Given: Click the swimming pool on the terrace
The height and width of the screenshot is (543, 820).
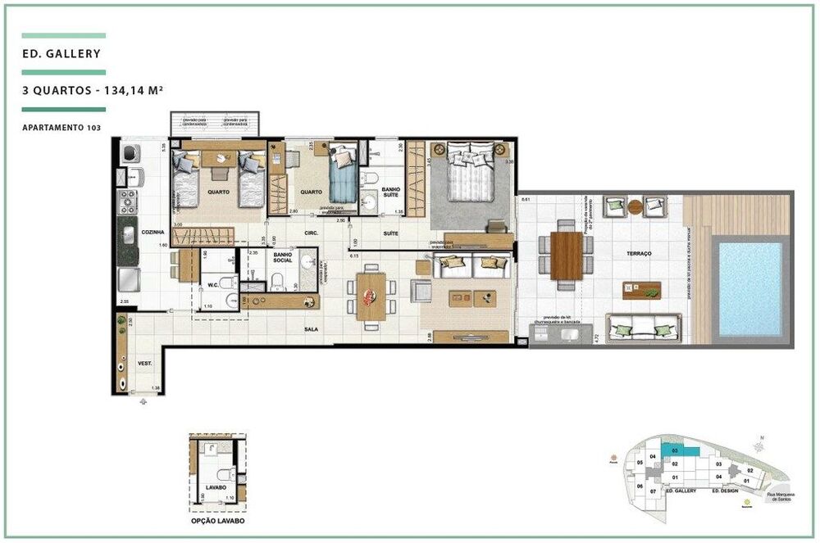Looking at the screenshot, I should coord(750,288).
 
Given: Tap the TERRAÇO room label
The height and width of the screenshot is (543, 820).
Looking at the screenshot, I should coord(639,254).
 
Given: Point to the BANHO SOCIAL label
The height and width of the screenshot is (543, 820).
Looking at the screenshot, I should coord(282,259).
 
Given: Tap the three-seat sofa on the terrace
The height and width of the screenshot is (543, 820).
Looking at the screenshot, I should coord(645,327).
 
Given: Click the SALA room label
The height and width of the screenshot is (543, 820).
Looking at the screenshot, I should coord(311,328).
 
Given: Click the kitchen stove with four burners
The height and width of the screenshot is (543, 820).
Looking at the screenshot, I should coord(129,201).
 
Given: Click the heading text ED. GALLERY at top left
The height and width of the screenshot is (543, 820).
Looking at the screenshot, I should coord(62,55).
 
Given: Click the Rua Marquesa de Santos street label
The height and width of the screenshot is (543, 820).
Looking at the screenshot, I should coord(779,499).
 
